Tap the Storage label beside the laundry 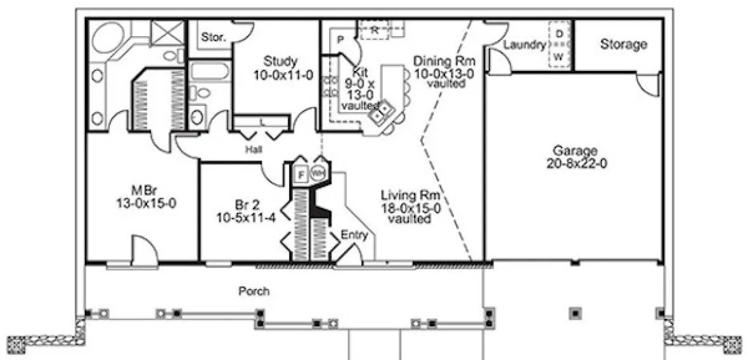tap(624, 44)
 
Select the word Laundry tap(525, 45)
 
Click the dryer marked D tap(559, 33)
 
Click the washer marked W tap(559, 57)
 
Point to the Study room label tap(280, 61)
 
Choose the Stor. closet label tap(213, 37)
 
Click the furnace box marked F tap(302, 173)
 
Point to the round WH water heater tap(318, 172)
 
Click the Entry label tap(354, 235)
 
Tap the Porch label tap(254, 292)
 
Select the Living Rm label tap(410, 195)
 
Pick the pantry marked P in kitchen tap(340, 40)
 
